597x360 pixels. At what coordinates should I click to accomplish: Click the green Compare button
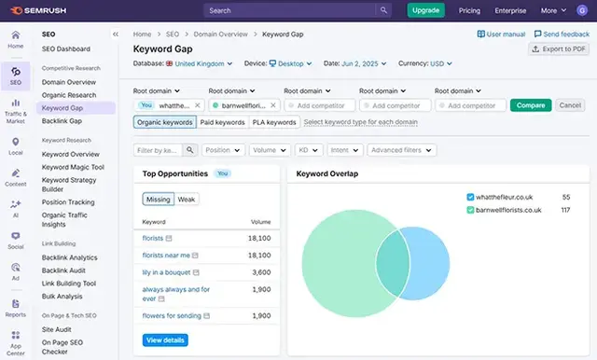point(531,105)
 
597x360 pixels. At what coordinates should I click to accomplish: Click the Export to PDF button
point(559,48)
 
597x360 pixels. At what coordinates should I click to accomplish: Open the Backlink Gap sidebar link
point(62,121)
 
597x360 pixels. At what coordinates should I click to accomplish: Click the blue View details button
point(165,339)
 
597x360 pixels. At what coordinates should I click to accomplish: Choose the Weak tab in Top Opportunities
point(187,199)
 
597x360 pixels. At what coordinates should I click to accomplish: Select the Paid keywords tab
point(222,122)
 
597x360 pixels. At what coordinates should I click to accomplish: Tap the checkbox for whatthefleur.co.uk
point(471,198)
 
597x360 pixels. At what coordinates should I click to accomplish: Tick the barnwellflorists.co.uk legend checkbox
point(471,211)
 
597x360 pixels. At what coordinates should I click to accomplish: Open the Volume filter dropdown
point(270,149)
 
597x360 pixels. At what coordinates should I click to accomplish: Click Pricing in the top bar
point(469,10)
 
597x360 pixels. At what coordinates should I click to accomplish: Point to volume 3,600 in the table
point(261,271)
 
